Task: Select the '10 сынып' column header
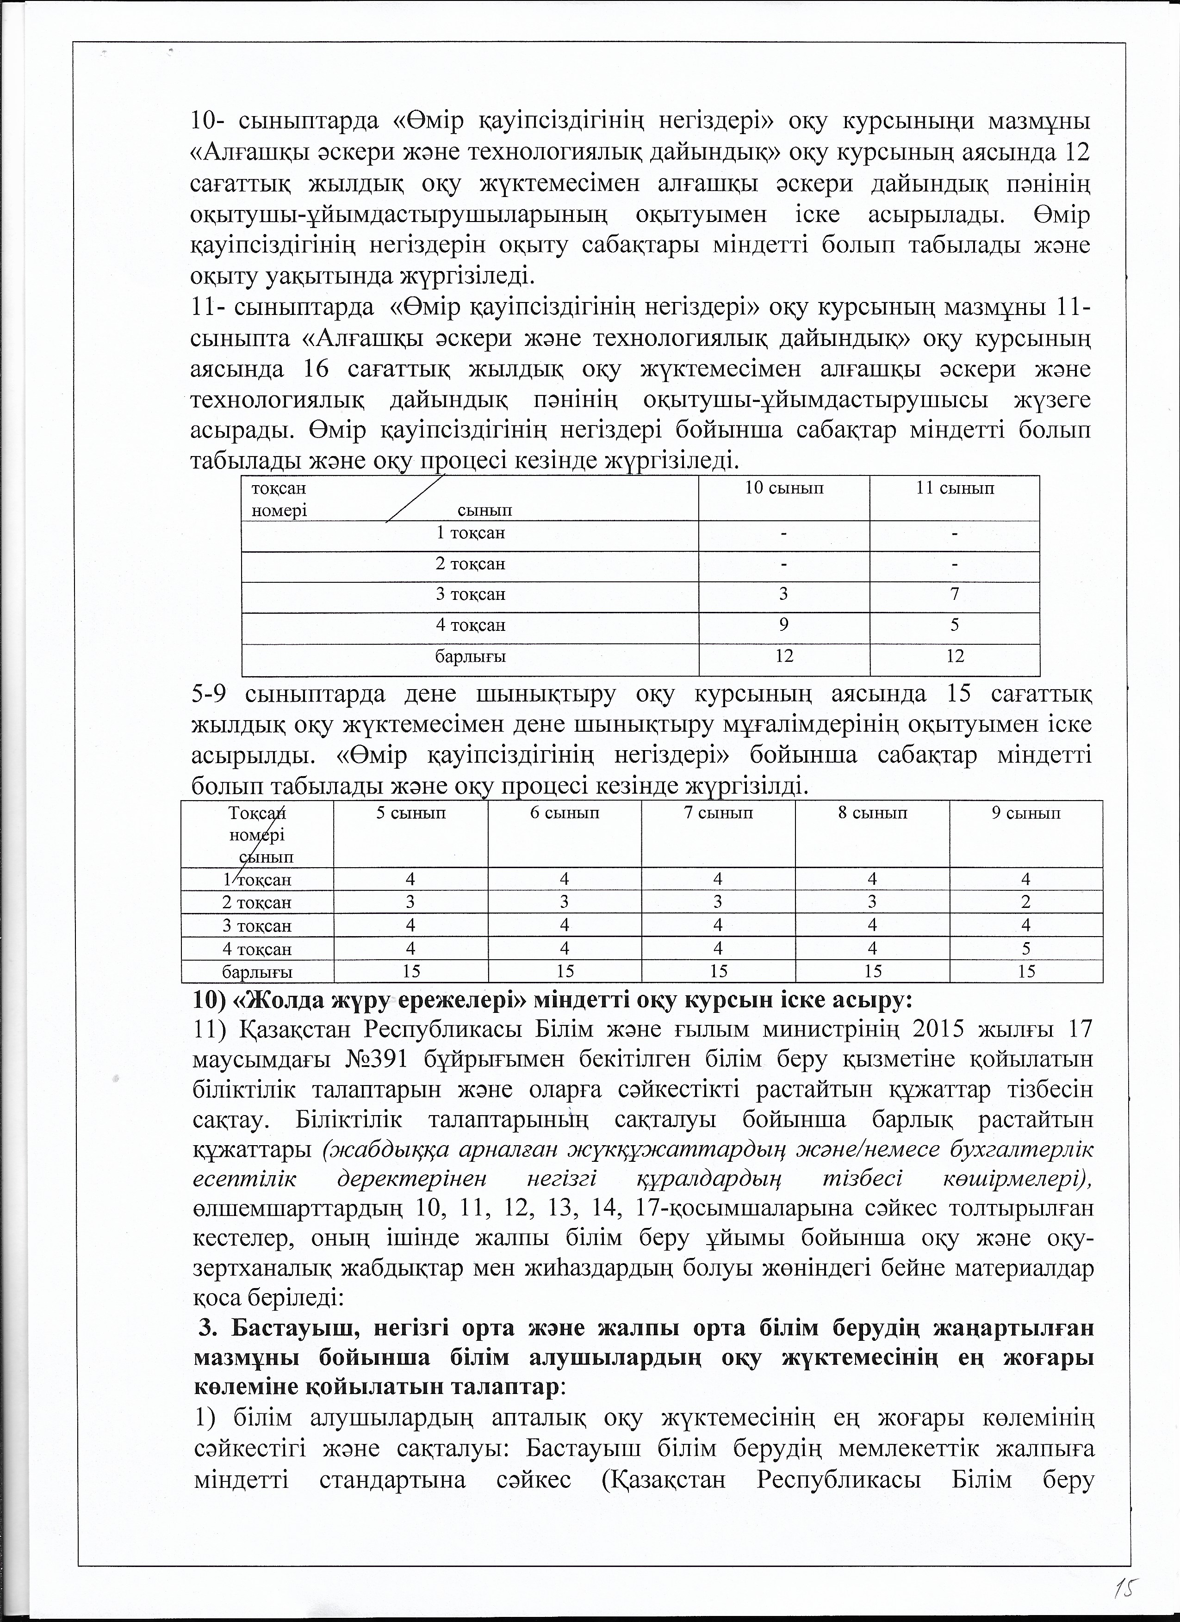click(x=784, y=489)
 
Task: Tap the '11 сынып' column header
click(x=955, y=489)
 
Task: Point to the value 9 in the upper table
click(x=784, y=625)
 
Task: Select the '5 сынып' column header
click(x=411, y=813)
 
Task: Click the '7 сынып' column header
click(x=719, y=813)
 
